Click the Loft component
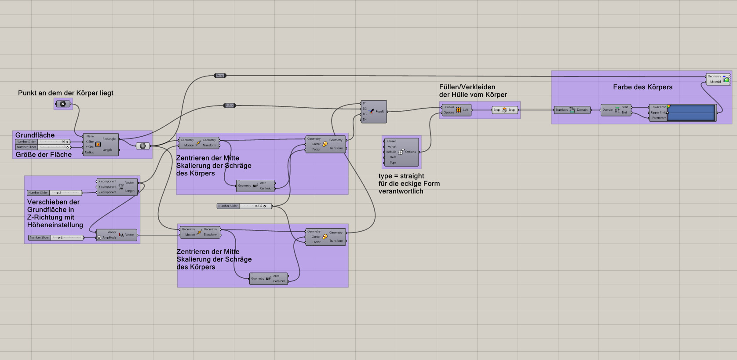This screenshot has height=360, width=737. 458,110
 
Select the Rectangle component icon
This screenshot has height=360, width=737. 98,144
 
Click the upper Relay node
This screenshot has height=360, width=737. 220,76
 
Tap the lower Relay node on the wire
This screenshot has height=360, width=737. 229,105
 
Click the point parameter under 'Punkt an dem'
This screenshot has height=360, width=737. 63,104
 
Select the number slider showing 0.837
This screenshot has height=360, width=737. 244,206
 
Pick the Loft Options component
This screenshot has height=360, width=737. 401,152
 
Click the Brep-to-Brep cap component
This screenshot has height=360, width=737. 504,110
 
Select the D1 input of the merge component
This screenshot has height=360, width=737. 365,103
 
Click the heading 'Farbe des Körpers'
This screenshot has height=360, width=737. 642,87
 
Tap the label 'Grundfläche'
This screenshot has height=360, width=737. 35,135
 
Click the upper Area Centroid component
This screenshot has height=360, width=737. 255,185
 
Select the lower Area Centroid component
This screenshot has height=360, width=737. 268,278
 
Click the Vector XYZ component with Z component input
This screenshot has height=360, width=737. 120,186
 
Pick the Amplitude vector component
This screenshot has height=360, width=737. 120,235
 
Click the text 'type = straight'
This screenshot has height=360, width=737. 401,176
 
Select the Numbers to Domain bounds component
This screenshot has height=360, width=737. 572,110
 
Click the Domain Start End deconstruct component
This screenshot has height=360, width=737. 617,110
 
